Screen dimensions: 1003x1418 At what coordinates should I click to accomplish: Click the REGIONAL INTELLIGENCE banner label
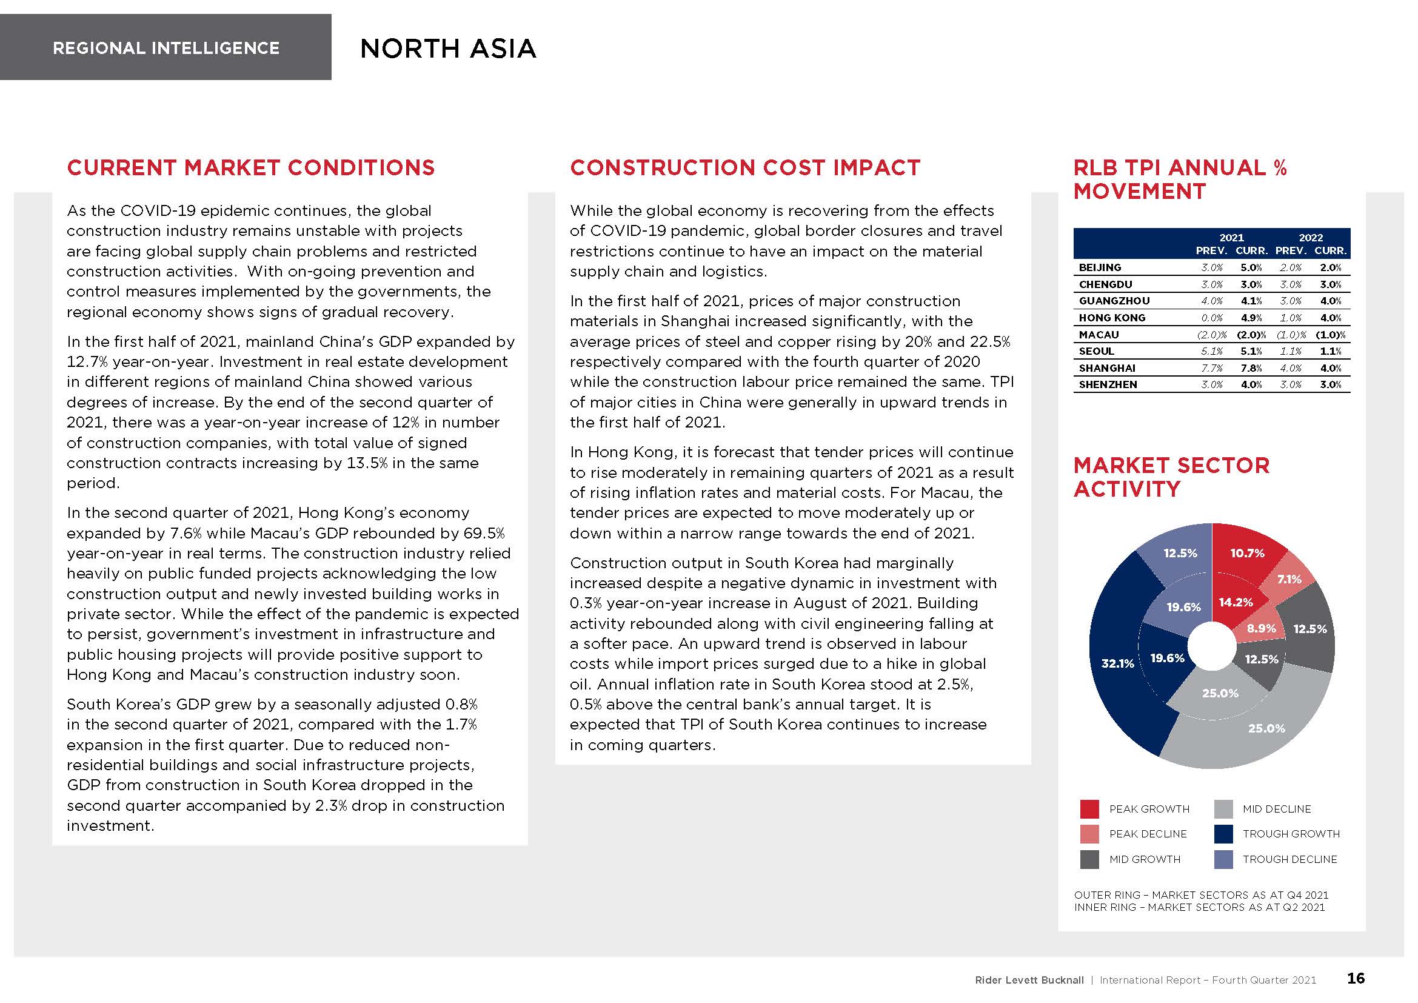pos(166,48)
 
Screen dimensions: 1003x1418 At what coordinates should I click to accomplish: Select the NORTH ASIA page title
pos(448,49)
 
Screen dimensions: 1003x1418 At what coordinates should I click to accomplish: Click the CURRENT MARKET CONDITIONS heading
pos(251,167)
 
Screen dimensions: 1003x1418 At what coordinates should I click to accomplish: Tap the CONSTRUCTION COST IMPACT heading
pos(745,167)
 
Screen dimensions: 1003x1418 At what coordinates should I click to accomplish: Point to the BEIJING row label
pos(1100,267)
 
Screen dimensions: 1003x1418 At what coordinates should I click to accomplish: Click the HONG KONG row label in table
pos(1112,317)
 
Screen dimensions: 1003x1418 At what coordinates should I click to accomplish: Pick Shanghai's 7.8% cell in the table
pos(1251,368)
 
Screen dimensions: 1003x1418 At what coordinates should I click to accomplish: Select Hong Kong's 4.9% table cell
pos(1251,317)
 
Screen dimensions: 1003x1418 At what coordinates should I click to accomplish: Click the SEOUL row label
pos(1096,351)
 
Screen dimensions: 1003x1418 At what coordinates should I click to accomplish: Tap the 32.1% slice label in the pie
pos(1118,663)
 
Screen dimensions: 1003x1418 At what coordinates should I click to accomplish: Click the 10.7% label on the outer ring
pos(1247,554)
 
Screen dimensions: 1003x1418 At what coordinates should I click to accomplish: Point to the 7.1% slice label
pos(1289,579)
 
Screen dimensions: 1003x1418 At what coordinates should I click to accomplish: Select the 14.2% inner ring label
pos(1236,602)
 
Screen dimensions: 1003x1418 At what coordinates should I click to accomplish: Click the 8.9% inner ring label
pos(1261,628)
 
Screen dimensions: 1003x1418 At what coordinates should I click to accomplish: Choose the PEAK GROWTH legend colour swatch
pos(1089,809)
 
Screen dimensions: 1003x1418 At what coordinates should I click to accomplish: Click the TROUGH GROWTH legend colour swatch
pos(1223,834)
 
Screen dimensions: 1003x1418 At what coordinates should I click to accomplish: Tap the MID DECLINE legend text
pos(1277,809)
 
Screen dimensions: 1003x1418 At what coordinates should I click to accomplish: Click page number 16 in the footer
pos(1356,978)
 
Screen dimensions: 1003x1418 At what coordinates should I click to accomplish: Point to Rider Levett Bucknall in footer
pos(1029,980)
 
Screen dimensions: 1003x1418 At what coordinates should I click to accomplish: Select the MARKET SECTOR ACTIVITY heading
pos(1171,477)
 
